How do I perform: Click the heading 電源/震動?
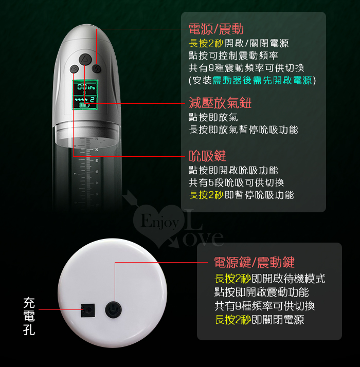pyautogui.click(x=216, y=29)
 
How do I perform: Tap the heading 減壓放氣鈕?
pyautogui.click(x=220, y=103)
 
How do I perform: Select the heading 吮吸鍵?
pyautogui.click(x=208, y=156)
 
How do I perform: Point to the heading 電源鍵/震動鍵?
pyautogui.click(x=255, y=262)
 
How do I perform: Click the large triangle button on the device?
pyautogui.click(x=84, y=59)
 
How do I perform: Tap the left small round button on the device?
pyautogui.click(x=74, y=68)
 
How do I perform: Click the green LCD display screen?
pyautogui.click(x=85, y=95)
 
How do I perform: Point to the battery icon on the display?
pyautogui.click(x=84, y=105)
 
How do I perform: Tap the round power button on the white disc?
pyautogui.click(x=113, y=309)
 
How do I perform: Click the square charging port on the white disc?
pyautogui.click(x=87, y=310)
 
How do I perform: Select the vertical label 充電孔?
pyautogui.click(x=29, y=316)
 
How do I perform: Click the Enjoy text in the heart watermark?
pyautogui.click(x=160, y=222)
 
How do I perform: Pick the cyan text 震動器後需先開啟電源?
pyautogui.click(x=262, y=80)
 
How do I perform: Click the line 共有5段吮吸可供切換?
pyautogui.click(x=237, y=182)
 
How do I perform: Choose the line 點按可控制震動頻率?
pyautogui.click(x=233, y=56)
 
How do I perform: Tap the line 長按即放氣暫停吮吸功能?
pyautogui.click(x=243, y=130)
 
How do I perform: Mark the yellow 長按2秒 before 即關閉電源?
pyautogui.click(x=233, y=320)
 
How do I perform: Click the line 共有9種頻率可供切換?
pyautogui.click(x=264, y=306)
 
